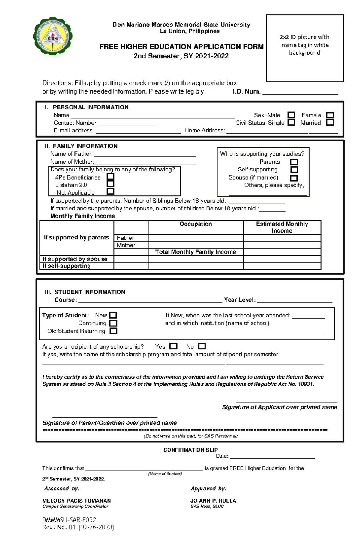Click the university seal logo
53,36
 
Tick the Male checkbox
291,115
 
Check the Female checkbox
330,115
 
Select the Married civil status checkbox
330,123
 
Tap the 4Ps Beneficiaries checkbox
111,177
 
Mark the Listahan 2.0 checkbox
111,184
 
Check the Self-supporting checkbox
294,170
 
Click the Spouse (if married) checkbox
294,178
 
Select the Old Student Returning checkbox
113,331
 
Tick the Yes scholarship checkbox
173,346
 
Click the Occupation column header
196,224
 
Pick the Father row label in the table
125,238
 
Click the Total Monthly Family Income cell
196,252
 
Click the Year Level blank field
295,300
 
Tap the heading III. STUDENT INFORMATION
85,292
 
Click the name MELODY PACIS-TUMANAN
76,501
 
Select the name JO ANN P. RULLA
213,501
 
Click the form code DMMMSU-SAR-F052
69,520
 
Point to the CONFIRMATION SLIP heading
190,450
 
